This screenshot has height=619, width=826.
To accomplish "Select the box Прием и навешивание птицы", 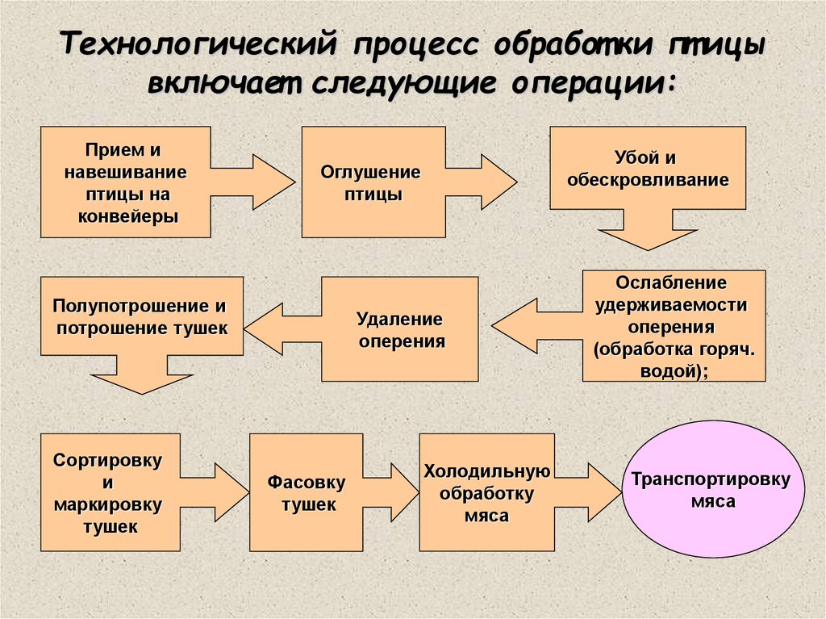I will [125, 182].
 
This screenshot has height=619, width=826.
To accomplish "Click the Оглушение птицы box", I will [373, 182].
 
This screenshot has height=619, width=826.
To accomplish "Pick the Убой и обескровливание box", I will [648, 168].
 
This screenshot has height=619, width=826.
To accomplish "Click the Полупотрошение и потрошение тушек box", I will [141, 316].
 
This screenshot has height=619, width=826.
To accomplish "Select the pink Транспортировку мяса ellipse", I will [711, 490].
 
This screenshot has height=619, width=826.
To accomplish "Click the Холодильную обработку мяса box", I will [486, 492].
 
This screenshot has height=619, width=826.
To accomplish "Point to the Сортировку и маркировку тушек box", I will [110, 492].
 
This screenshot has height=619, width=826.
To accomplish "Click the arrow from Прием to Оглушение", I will [256, 182].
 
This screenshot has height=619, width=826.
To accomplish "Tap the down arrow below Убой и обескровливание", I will [647, 232].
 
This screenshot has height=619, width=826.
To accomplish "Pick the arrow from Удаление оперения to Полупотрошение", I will [282, 328].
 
